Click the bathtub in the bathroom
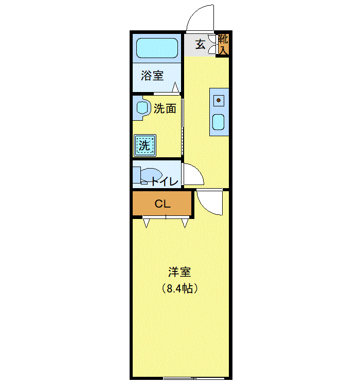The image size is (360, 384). [157, 48]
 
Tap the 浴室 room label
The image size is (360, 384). [152, 76]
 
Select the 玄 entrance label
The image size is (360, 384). [200, 44]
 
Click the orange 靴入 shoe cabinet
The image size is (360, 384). [224, 44]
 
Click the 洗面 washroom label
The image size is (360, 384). [165, 108]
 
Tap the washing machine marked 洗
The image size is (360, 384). [145, 145]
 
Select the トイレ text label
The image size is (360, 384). [165, 181]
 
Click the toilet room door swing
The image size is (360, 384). [194, 174]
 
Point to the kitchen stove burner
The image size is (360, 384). [219, 100]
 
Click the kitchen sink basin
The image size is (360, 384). [219, 122]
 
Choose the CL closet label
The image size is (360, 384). [163, 204]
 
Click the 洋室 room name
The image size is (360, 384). [179, 272]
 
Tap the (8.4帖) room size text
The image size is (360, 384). [179, 289]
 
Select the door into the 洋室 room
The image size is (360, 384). [209, 203]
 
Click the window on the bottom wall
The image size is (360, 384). [179, 378]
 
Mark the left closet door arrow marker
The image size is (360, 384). [146, 223]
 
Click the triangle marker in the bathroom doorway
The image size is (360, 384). [175, 87]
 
